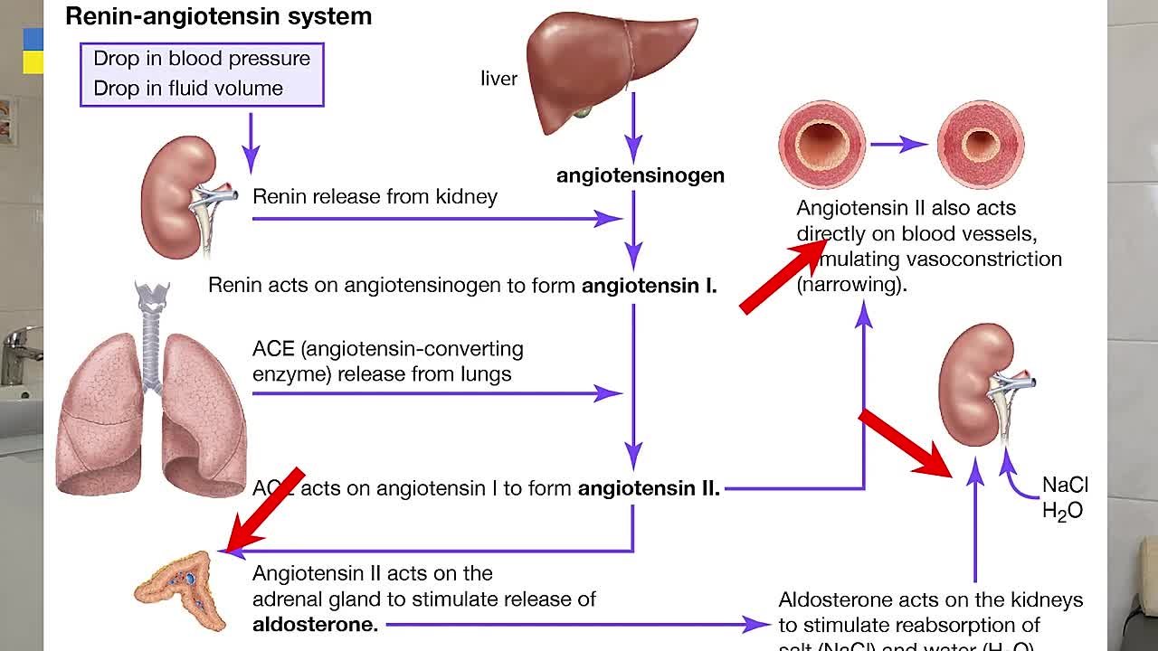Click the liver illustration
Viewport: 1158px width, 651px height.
click(606, 63)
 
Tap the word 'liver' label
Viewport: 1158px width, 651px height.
click(498, 79)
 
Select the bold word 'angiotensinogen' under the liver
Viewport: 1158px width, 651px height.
click(640, 175)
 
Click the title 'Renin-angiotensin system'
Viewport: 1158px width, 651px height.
click(218, 16)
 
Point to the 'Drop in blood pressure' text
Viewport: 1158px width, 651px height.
click(202, 59)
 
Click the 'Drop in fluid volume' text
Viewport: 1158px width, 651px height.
click(188, 89)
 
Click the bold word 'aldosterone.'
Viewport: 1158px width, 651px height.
click(315, 624)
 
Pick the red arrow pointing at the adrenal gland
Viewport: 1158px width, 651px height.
click(264, 511)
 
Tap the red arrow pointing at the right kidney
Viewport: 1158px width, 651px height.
click(905, 443)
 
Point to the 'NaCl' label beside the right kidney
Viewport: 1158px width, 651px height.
click(1065, 486)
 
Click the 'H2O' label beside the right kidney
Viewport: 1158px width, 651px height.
click(1062, 512)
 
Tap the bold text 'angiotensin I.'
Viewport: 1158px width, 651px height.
click(649, 287)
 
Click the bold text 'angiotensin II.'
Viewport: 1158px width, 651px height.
click(649, 489)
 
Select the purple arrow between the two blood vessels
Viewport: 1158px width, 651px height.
click(899, 145)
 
